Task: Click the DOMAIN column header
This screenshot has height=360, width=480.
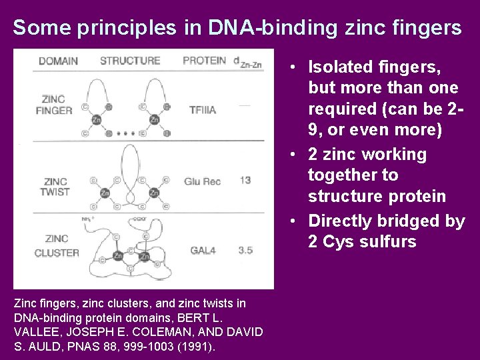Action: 58,61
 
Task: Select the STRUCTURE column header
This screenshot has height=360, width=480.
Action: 130,61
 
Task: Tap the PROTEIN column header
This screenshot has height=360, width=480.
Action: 205,60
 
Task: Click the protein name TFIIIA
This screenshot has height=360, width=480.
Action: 203,110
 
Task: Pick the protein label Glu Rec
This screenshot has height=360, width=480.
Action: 202,181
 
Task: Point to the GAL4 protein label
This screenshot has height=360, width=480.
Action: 204,251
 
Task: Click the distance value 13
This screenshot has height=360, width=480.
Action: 245,181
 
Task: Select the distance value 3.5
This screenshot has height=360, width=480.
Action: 245,250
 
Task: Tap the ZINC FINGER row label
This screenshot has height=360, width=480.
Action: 53,105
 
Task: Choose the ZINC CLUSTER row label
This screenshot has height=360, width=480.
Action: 57,246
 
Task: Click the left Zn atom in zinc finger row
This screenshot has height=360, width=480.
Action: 96,119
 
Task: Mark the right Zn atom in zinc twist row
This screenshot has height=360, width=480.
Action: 154,193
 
